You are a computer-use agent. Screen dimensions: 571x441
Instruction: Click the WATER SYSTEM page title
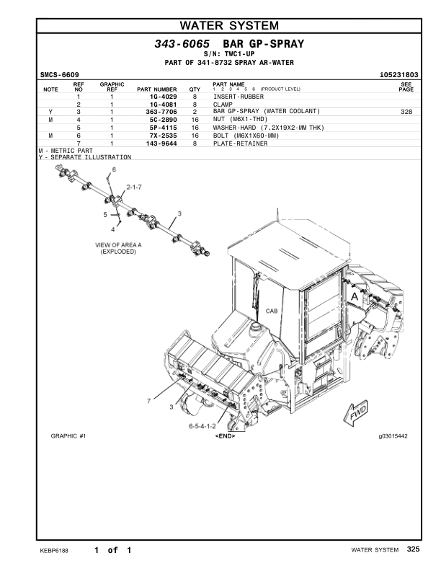[x=228, y=26]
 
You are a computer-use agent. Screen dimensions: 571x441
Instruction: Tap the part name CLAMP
[x=222, y=104]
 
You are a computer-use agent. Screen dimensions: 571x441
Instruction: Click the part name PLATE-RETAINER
[x=240, y=143]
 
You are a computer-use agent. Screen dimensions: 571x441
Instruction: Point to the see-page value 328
[x=406, y=112]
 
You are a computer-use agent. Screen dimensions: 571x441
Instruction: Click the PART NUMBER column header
[x=156, y=89]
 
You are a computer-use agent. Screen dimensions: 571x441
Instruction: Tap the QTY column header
[x=195, y=89]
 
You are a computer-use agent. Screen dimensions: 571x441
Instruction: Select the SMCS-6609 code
[x=60, y=75]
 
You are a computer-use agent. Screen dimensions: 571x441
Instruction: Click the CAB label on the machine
[x=272, y=311]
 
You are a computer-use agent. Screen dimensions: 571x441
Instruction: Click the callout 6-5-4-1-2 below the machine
[x=203, y=427]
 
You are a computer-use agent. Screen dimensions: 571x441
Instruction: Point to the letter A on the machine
[x=354, y=296]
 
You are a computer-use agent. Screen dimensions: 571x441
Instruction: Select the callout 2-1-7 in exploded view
[x=135, y=187]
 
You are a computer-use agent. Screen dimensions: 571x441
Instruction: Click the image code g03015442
[x=393, y=436]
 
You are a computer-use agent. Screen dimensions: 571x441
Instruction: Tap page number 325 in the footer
[x=413, y=549]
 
